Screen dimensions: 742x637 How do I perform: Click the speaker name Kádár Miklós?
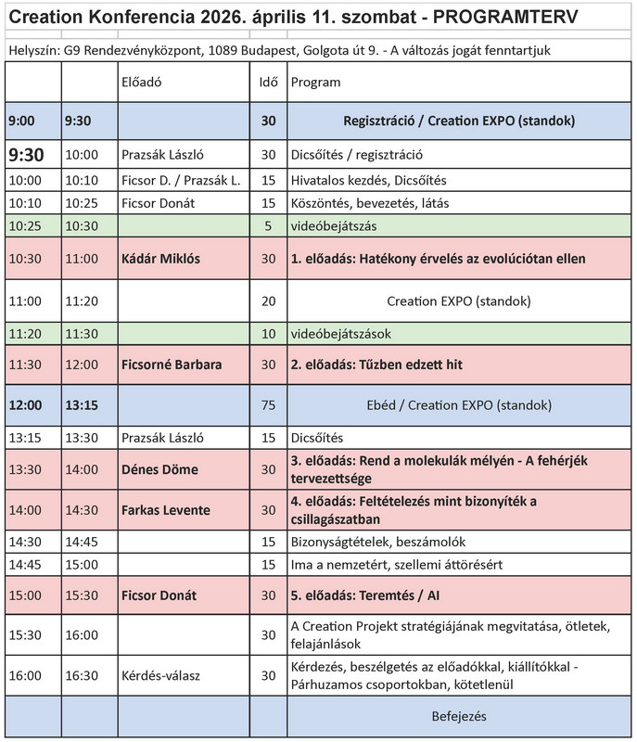161,260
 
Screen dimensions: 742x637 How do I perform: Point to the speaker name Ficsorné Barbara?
172,365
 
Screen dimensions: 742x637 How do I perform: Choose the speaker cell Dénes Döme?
159,469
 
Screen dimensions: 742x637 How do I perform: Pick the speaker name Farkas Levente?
166,510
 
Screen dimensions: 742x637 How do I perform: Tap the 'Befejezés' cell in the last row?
459,716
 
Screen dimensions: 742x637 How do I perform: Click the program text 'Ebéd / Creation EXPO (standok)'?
459,405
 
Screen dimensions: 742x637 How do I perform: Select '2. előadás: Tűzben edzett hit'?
376,365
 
